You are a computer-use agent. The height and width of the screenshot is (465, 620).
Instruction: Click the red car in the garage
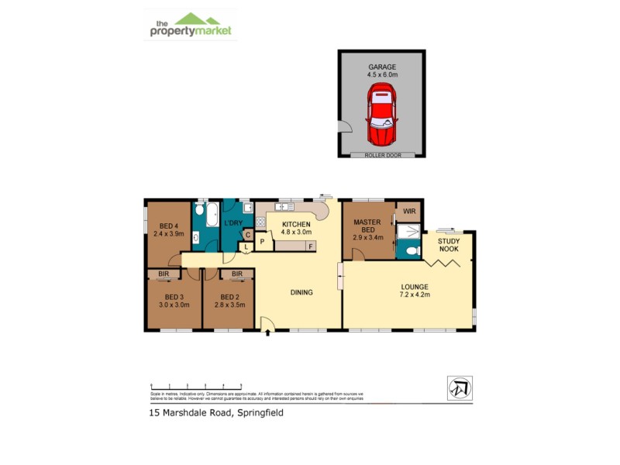click(381, 116)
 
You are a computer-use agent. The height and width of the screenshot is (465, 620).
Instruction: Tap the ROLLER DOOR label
click(381, 155)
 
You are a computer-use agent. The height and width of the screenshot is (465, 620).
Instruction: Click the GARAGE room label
click(382, 67)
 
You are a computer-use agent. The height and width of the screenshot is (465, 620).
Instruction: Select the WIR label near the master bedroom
click(408, 210)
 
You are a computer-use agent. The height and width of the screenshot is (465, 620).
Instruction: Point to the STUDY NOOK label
click(449, 246)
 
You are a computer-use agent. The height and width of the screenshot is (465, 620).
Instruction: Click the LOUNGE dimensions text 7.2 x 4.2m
click(414, 294)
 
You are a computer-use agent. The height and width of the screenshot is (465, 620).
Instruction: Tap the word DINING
click(301, 292)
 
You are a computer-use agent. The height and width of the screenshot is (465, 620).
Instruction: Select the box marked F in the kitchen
click(311, 246)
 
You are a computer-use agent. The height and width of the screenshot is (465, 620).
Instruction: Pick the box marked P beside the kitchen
click(263, 242)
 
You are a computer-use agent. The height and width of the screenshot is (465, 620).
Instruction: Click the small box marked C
click(247, 235)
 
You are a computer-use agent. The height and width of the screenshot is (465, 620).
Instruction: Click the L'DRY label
click(234, 223)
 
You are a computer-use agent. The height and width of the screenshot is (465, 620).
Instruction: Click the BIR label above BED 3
click(164, 274)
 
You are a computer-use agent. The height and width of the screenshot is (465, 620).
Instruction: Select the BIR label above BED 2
click(236, 274)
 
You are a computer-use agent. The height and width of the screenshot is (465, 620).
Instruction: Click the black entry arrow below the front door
click(268, 334)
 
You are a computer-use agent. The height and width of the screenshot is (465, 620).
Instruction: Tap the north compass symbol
click(460, 387)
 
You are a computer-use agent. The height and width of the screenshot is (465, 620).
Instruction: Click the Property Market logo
click(191, 26)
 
